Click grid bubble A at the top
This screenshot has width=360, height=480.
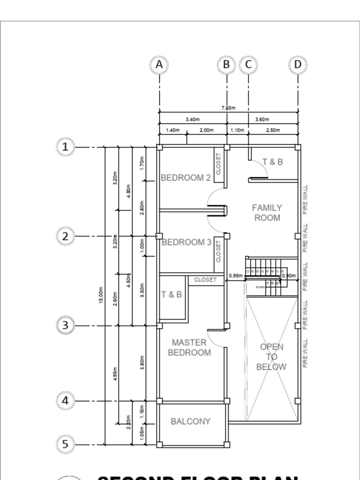[x=159, y=65]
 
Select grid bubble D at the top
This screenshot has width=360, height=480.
[x=298, y=65]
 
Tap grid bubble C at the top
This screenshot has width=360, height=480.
[x=248, y=65]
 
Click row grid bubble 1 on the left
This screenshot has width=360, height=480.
[x=65, y=147]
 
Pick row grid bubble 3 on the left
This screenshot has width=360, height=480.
[x=65, y=325]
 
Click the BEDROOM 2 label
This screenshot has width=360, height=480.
[x=186, y=178]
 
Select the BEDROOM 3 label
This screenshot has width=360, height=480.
[x=186, y=242]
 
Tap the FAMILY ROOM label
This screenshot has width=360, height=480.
[x=267, y=212]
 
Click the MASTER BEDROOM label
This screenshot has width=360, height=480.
[x=189, y=348]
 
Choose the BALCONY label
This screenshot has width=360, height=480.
[x=190, y=421]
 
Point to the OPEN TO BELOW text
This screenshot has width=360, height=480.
[x=271, y=357]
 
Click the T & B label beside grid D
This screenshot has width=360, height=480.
[x=272, y=162]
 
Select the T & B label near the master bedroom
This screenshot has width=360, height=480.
[x=172, y=294]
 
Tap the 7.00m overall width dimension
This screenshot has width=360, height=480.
[x=228, y=108]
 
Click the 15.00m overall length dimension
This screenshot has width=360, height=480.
[x=101, y=295]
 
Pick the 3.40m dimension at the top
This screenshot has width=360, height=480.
[x=193, y=120]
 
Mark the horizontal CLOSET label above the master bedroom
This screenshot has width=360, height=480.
[x=205, y=280]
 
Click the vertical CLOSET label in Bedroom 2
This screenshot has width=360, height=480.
[x=218, y=164]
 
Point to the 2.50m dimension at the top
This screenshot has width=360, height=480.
[x=273, y=130]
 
